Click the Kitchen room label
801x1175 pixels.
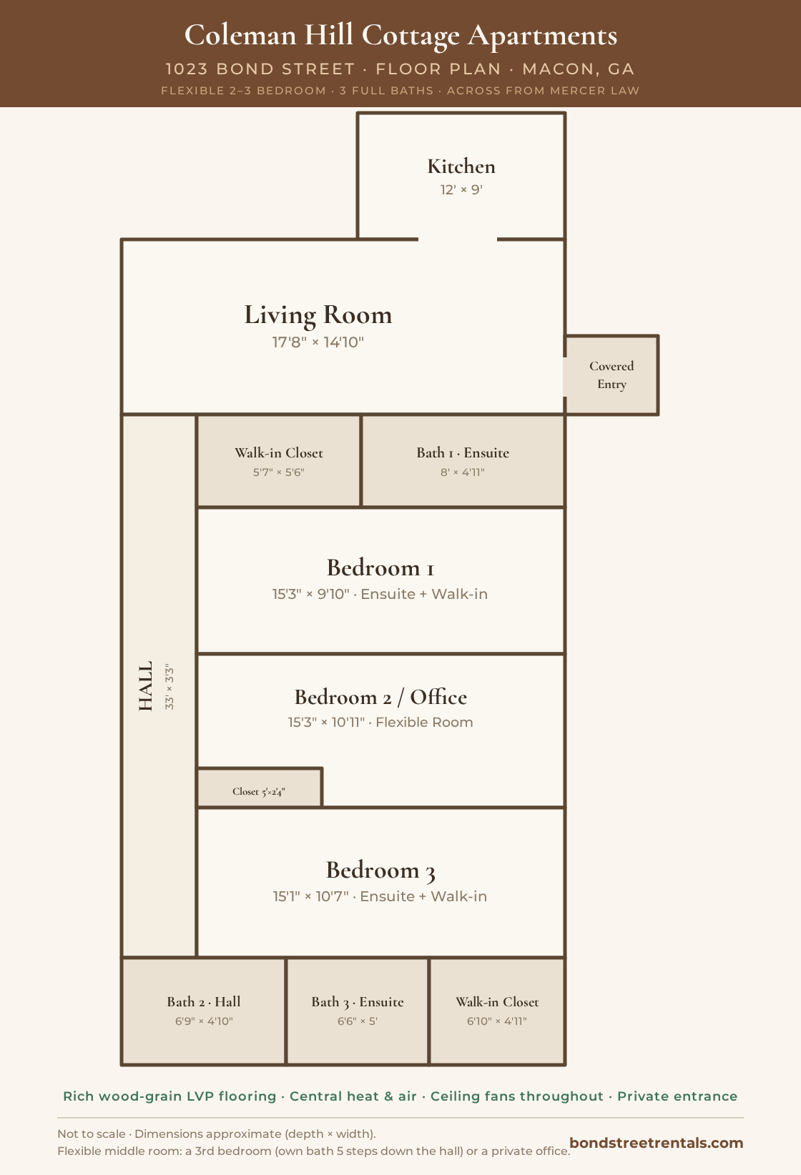tap(461, 167)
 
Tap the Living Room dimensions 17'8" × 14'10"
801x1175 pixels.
tap(318, 342)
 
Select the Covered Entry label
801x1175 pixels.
tap(611, 375)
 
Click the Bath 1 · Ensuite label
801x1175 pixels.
tap(463, 452)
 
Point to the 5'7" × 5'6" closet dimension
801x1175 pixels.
tap(279, 472)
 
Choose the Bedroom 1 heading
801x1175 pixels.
tap(380, 567)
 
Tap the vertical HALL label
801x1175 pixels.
tap(145, 685)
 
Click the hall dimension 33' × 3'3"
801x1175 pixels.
tap(169, 687)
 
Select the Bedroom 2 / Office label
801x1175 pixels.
tap(380, 697)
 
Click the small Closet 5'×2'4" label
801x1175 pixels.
tap(259, 791)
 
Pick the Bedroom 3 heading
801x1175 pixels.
tap(380, 871)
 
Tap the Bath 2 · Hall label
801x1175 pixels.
tap(204, 1002)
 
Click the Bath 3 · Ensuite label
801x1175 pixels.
tap(358, 1002)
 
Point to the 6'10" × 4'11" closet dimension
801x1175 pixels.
tap(496, 1021)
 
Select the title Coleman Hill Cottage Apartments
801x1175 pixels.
tap(400, 36)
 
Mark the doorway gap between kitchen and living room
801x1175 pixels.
tap(458, 239)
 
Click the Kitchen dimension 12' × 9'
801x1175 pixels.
tap(461, 189)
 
